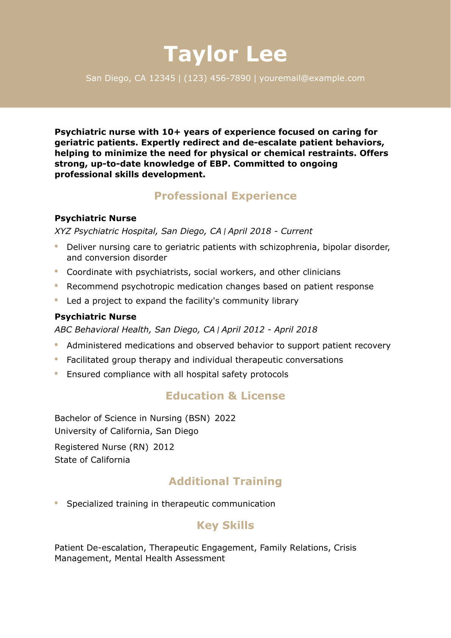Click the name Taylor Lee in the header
[x=225, y=54]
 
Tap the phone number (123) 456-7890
[x=217, y=78]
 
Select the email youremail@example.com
[x=312, y=78]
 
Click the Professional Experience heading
[x=225, y=196]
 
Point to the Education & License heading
[x=225, y=396]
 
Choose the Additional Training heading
[x=225, y=482]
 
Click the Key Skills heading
[x=225, y=525]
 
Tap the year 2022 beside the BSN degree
[x=225, y=418]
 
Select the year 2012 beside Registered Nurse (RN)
[x=164, y=447]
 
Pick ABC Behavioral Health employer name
[x=102, y=330]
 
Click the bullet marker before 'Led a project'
[x=56, y=300]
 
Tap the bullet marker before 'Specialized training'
[x=56, y=503]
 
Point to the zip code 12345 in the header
[x=162, y=78]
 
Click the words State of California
[x=92, y=460]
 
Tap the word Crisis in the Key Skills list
[x=345, y=548]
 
